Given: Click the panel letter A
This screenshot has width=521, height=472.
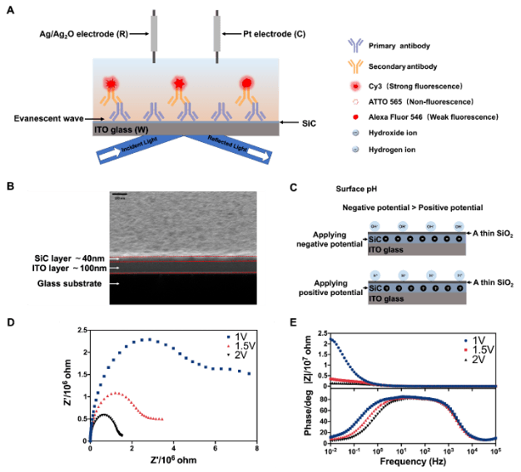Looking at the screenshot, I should tap(9, 9).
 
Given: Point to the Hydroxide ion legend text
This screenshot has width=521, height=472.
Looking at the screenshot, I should tap(397, 134).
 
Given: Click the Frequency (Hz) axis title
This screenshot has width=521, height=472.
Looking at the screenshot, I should tap(410, 459).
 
